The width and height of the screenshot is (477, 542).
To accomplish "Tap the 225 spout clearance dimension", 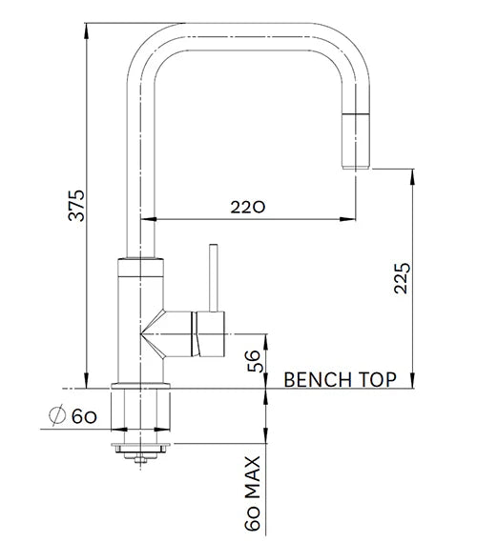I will (403, 277).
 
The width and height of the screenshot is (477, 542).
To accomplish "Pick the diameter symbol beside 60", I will (56, 415).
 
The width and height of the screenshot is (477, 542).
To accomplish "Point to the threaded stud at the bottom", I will (142, 459).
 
